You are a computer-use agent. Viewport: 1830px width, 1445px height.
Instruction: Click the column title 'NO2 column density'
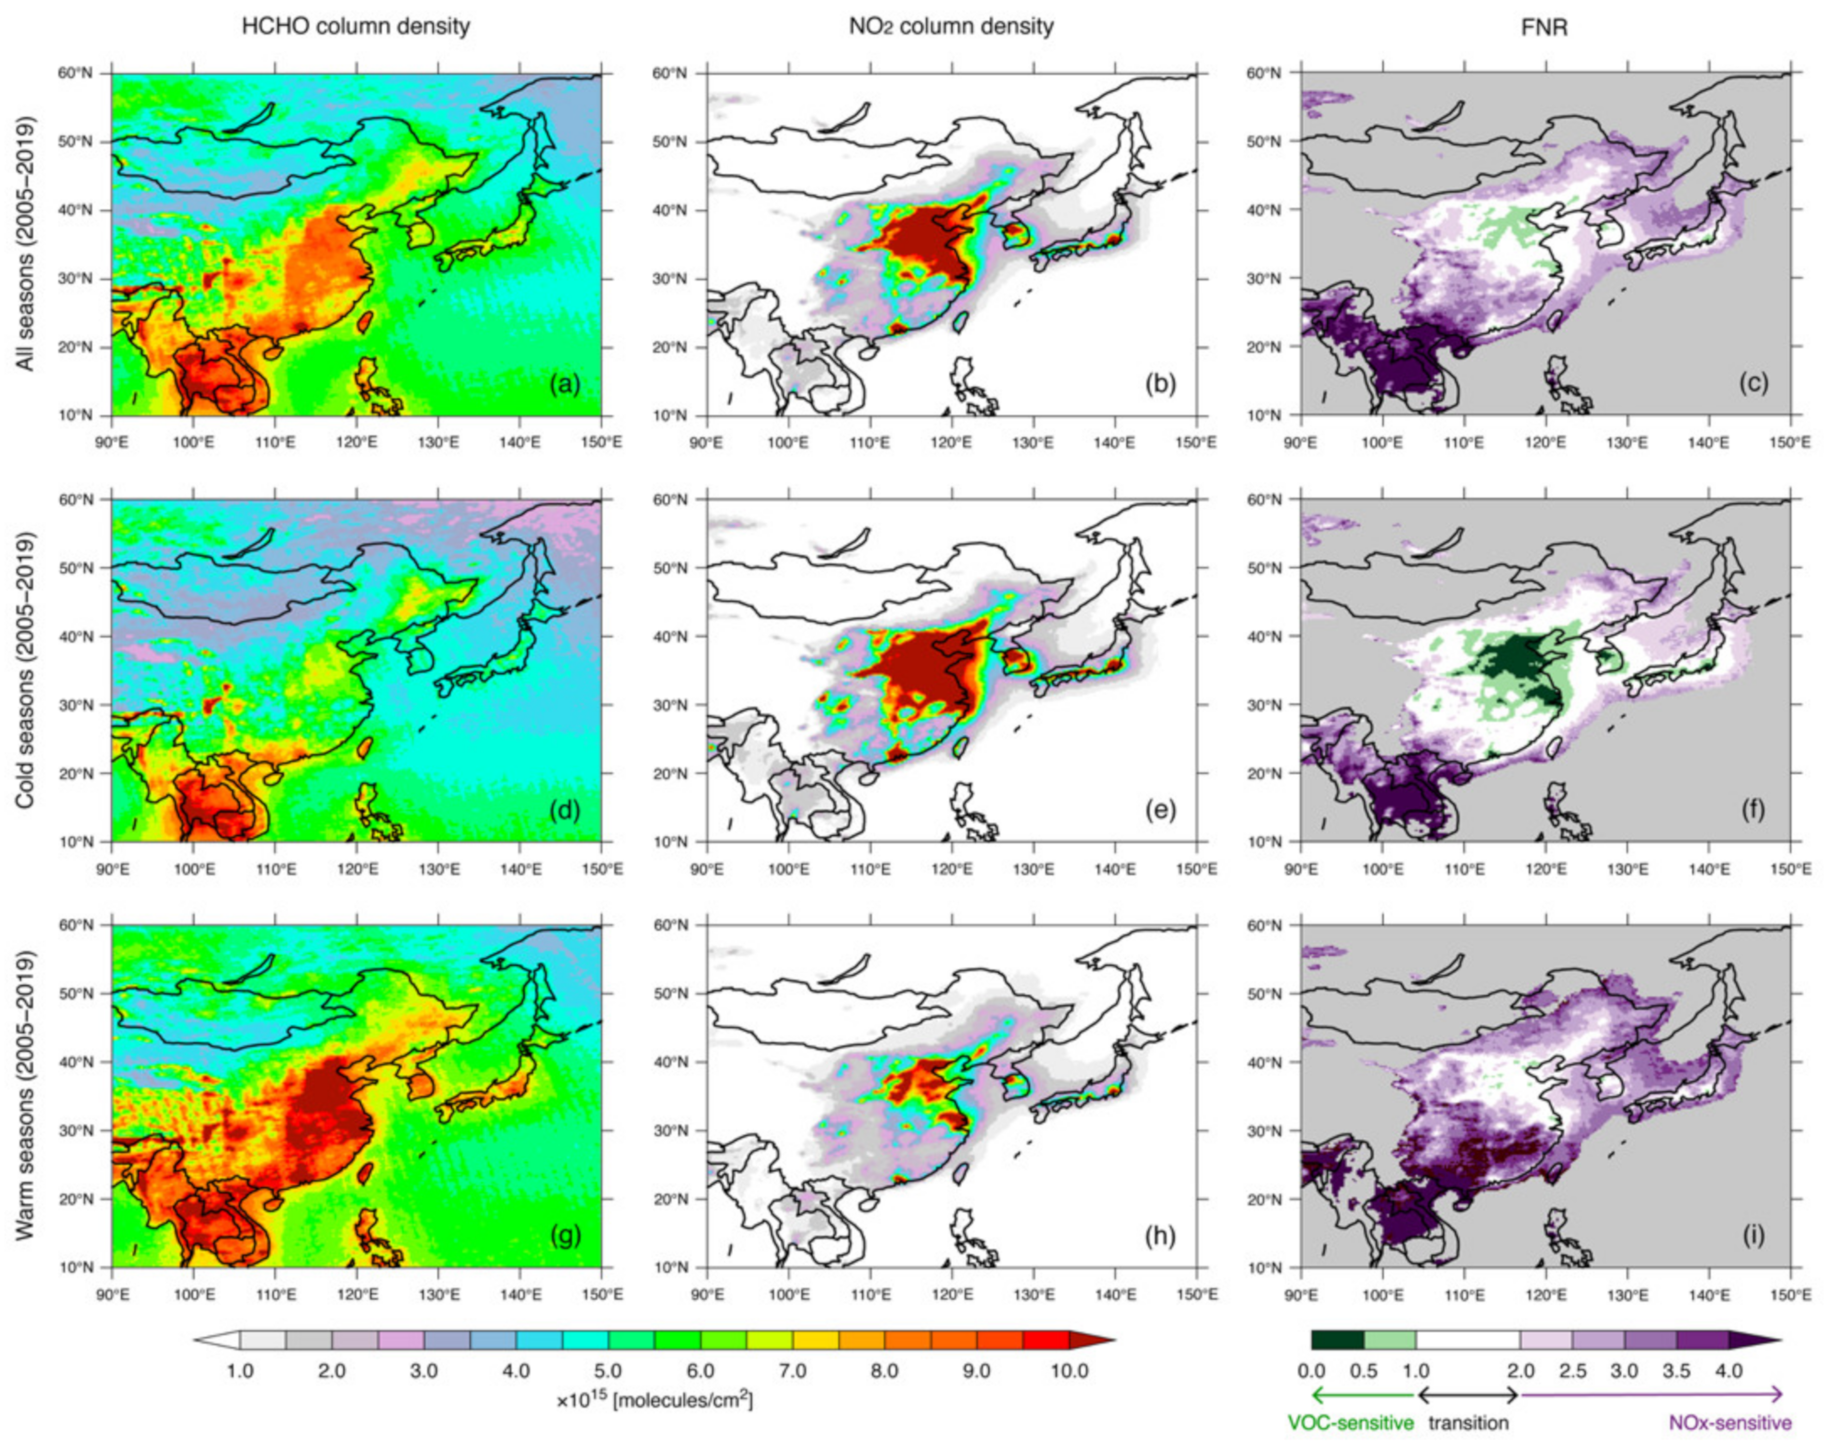click(x=951, y=26)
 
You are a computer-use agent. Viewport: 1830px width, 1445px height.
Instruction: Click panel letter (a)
click(x=564, y=385)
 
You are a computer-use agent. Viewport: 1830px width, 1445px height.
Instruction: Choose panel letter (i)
click(x=1753, y=1236)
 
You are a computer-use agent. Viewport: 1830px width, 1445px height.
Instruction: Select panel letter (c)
click(x=1753, y=385)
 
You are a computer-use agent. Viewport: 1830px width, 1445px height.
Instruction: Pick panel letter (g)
click(x=564, y=1236)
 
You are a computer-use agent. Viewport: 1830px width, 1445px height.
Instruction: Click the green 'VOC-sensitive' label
click(x=1350, y=1423)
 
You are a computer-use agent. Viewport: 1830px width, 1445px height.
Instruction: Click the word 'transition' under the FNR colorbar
click(x=1468, y=1423)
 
